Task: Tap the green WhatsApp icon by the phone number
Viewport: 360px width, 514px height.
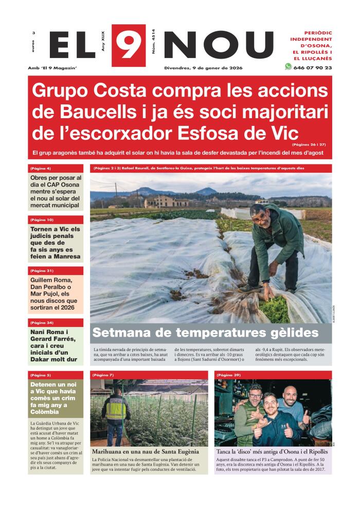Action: pos(288,67)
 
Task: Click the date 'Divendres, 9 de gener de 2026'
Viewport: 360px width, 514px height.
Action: pos(204,68)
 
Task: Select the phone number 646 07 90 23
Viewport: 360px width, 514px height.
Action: pos(313,67)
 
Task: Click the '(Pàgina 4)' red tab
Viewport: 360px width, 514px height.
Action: pos(41,168)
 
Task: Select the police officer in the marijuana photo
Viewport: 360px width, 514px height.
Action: pos(116,414)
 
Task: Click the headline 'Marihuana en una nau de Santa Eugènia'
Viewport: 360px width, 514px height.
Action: pos(146,451)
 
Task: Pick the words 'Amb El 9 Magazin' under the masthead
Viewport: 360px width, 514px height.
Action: pos(52,68)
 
